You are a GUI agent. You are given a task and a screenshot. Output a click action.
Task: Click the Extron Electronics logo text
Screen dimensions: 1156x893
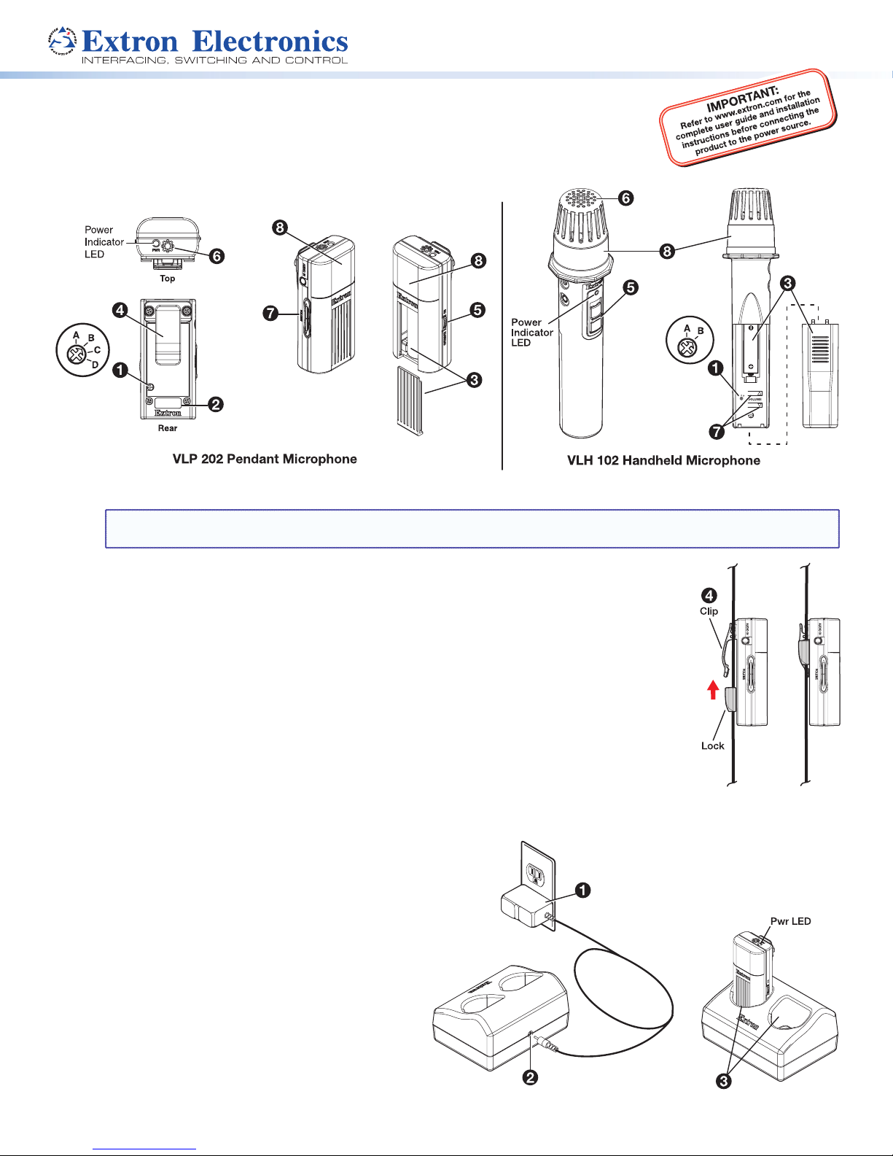pyautogui.click(x=214, y=41)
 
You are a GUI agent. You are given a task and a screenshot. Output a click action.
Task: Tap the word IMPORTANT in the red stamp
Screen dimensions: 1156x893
pyautogui.click(x=742, y=99)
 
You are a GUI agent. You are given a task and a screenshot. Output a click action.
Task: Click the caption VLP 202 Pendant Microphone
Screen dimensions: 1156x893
pyautogui.click(x=265, y=459)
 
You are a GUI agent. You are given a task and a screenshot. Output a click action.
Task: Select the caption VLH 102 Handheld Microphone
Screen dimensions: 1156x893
pyautogui.click(x=663, y=460)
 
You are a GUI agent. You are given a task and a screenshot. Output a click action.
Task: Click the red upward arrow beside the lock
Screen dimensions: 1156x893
pyautogui.click(x=714, y=689)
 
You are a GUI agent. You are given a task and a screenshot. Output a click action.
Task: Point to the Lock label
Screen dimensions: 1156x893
pyautogui.click(x=712, y=745)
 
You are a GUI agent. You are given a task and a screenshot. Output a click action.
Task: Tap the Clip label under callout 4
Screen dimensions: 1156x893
pyautogui.click(x=709, y=611)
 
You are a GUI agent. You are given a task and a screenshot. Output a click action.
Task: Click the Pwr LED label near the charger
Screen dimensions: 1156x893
pyautogui.click(x=790, y=921)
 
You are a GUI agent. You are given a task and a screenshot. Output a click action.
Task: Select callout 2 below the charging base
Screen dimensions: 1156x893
pyautogui.click(x=531, y=1077)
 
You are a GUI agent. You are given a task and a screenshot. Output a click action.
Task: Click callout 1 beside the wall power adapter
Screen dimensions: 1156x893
pyautogui.click(x=582, y=891)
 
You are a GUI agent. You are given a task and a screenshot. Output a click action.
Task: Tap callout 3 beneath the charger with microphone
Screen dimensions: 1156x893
pyautogui.click(x=723, y=1081)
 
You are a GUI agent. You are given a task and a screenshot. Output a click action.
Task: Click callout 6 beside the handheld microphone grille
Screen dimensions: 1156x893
pyautogui.click(x=625, y=198)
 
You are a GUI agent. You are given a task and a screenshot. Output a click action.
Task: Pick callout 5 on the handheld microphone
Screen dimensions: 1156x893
pyautogui.click(x=630, y=287)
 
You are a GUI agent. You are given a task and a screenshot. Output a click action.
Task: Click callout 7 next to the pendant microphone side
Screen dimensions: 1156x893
pyautogui.click(x=270, y=314)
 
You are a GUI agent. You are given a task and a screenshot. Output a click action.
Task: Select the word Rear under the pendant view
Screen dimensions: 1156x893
pyautogui.click(x=168, y=428)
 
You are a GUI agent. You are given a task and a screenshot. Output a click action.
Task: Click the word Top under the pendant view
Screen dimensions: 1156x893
pyautogui.click(x=168, y=279)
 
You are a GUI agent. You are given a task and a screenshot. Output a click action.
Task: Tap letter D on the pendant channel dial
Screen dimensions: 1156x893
pyautogui.click(x=95, y=364)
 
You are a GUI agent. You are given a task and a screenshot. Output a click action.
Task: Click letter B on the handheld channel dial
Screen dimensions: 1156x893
pyautogui.click(x=701, y=331)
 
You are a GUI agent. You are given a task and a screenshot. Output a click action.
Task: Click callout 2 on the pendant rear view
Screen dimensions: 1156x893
pyautogui.click(x=215, y=404)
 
